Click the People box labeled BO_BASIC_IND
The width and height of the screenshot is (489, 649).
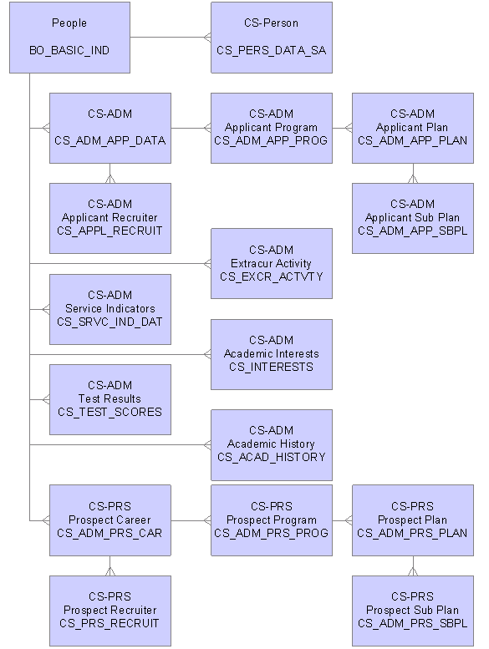click(x=69, y=38)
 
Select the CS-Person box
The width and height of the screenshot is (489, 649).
click(x=272, y=38)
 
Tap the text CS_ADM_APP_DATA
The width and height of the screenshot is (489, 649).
click(x=110, y=140)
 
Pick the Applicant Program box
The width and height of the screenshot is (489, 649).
click(x=272, y=128)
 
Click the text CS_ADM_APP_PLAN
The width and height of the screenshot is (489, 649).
click(x=413, y=140)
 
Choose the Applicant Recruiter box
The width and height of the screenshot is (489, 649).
click(x=110, y=218)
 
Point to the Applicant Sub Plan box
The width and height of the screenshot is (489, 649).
click(x=413, y=218)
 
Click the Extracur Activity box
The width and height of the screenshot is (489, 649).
click(x=272, y=263)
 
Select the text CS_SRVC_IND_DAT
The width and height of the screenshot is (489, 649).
click(x=110, y=322)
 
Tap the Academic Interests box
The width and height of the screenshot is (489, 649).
click(x=272, y=354)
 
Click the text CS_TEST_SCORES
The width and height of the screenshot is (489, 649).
click(x=110, y=413)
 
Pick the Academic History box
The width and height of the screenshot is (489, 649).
click(x=272, y=445)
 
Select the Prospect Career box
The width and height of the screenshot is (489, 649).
click(x=110, y=520)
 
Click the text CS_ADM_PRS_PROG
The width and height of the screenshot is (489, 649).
click(x=271, y=533)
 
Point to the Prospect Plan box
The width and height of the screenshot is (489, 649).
click(x=413, y=520)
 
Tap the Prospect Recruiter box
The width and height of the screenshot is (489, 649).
click(x=110, y=611)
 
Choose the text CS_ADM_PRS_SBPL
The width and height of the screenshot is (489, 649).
click(x=413, y=623)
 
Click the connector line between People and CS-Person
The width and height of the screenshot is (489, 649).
click(x=171, y=38)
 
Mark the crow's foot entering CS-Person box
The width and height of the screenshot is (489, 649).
click(x=207, y=38)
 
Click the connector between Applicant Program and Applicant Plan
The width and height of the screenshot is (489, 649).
click(x=342, y=128)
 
